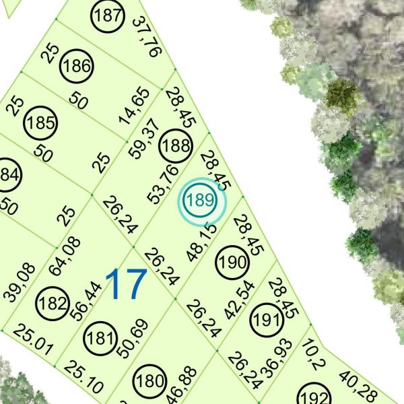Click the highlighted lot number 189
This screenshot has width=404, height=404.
click(201, 200)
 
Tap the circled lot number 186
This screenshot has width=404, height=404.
click(76, 67)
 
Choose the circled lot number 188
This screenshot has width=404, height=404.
click(176, 145)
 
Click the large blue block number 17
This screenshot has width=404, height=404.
click(126, 284)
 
